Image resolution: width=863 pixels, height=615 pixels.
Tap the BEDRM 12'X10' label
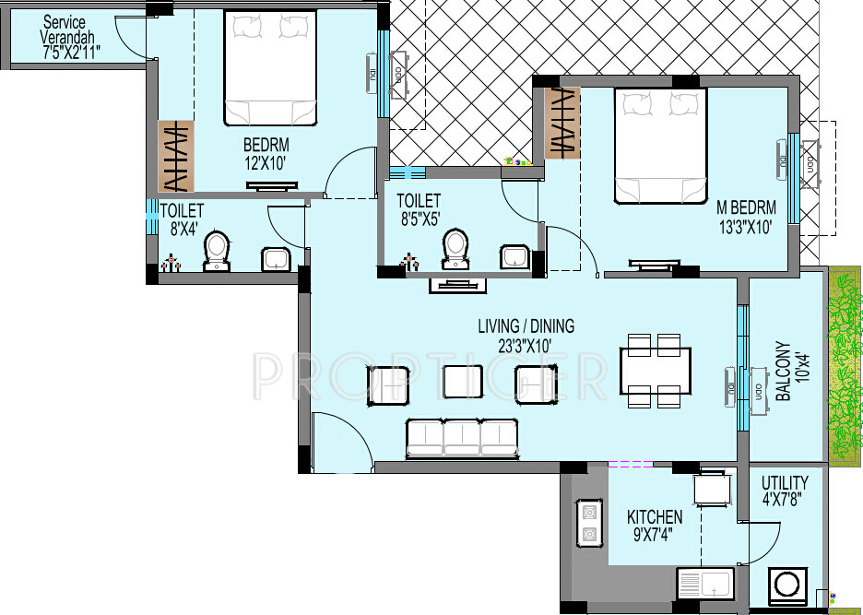pos(266,154)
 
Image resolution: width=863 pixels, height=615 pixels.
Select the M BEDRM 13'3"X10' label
pos(746,217)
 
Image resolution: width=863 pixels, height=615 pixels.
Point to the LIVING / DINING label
pos(526,326)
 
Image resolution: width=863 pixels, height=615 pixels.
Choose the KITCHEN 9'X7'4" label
pos(655,526)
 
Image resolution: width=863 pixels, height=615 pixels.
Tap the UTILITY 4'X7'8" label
pos(785,491)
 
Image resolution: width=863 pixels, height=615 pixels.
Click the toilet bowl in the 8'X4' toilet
pos(217,251)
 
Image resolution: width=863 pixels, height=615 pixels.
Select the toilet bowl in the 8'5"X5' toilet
pos(455,249)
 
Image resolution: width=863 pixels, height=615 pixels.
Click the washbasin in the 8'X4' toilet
pos(276,259)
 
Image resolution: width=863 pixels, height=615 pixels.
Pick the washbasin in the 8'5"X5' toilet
pos(514,256)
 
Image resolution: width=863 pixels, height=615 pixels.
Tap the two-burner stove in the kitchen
pos(588,523)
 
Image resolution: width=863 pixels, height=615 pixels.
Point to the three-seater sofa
pos(462,438)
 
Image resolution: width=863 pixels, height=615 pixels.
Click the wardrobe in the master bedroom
pos(562,124)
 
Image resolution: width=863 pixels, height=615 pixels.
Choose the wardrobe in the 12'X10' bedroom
pos(176,157)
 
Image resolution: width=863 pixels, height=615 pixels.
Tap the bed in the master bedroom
pos(660,146)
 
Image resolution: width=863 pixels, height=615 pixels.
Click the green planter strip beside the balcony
pos(845,365)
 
